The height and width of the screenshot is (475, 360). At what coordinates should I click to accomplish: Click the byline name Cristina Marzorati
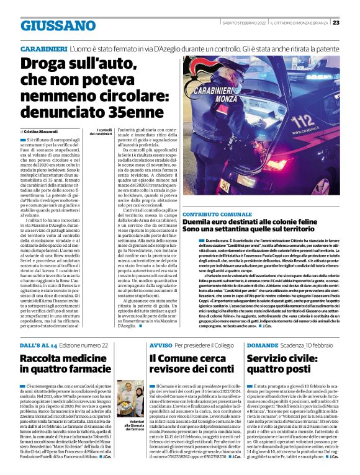[44, 132]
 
